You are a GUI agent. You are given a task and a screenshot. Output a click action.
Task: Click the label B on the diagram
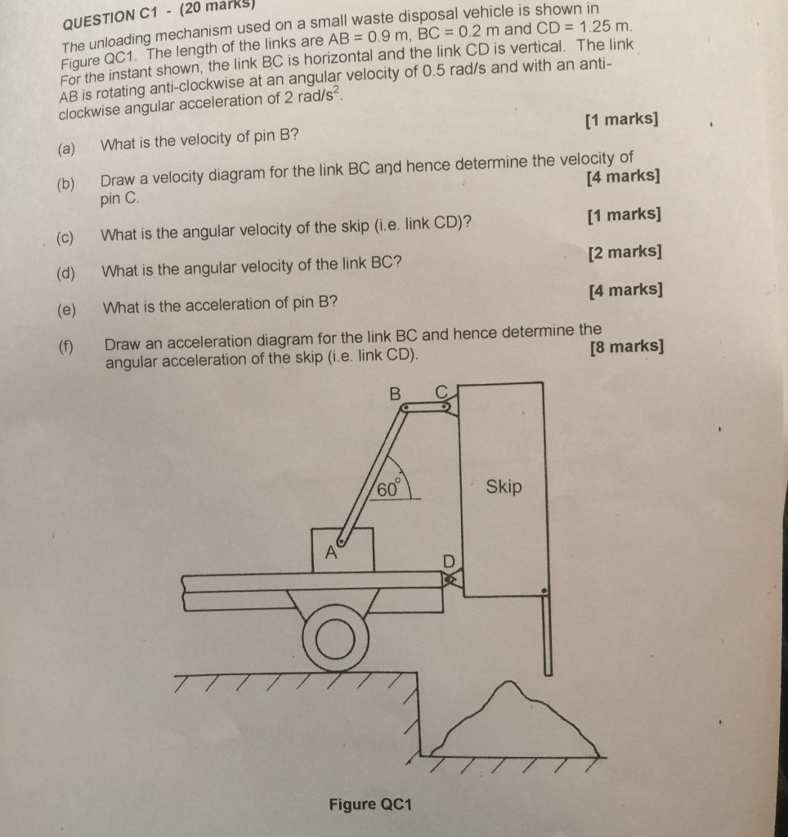pyautogui.click(x=396, y=393)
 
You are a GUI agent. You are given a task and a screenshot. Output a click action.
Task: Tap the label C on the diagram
pyautogui.click(x=442, y=392)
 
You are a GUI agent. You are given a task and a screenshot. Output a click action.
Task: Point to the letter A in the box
pyautogui.click(x=332, y=553)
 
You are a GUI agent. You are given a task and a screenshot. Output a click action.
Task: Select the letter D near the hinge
pyautogui.click(x=448, y=561)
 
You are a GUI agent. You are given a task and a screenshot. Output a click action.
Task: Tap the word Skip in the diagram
pyautogui.click(x=504, y=487)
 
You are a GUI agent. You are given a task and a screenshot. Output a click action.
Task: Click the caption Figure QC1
pyautogui.click(x=370, y=804)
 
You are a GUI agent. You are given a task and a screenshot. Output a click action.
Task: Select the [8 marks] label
pyautogui.click(x=625, y=347)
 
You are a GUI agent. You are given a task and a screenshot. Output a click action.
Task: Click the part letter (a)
pyautogui.click(x=66, y=150)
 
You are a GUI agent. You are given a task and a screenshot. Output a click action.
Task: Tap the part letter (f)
pyautogui.click(x=67, y=346)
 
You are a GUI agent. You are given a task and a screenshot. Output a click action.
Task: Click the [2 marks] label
pyautogui.click(x=625, y=253)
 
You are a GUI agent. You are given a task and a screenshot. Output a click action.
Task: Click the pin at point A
pyautogui.click(x=342, y=539)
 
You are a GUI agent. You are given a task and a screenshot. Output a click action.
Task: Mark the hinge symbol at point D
pyautogui.click(x=449, y=580)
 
